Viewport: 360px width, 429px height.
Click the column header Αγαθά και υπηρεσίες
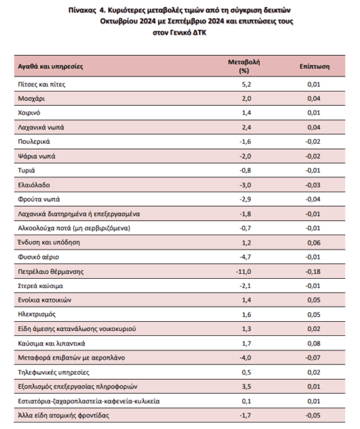pyautogui.click(x=50, y=66)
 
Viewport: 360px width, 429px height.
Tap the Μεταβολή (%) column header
pyautogui.click(x=244, y=66)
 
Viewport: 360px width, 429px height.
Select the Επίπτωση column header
pyautogui.click(x=315, y=66)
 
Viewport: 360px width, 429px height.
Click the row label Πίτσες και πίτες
pyautogui.click(x=42, y=84)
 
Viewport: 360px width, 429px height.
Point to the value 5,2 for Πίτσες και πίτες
pyautogui.click(x=246, y=84)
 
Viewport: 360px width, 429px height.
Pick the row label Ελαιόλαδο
pyautogui.click(x=34, y=185)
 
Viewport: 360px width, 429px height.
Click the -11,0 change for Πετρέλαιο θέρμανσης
pyautogui.click(x=243, y=272)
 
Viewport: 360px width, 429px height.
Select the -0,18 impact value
pyautogui.click(x=313, y=272)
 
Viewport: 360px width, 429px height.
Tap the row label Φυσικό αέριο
pyautogui.click(x=39, y=257)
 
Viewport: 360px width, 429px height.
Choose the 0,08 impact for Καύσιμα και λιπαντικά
pyautogui.click(x=313, y=344)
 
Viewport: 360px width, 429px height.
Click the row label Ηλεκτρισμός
pyautogui.click(x=37, y=315)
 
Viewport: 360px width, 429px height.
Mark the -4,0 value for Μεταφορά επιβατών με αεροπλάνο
pyautogui.click(x=245, y=358)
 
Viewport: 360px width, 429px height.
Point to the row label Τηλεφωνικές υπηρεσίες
pyautogui.click(x=54, y=373)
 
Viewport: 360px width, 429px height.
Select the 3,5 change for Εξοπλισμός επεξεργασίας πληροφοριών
pyautogui.click(x=246, y=387)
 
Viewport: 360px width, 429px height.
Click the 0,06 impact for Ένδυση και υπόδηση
pyautogui.click(x=313, y=242)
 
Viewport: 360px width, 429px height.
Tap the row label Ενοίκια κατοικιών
pyautogui.click(x=44, y=300)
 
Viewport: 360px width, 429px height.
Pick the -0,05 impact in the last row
pyautogui.click(x=313, y=415)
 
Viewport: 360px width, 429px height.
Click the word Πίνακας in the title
pyautogui.click(x=82, y=11)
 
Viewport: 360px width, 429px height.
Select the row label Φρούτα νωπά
pyautogui.click(x=39, y=199)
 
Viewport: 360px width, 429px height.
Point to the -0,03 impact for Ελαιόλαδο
pyautogui.click(x=313, y=185)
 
